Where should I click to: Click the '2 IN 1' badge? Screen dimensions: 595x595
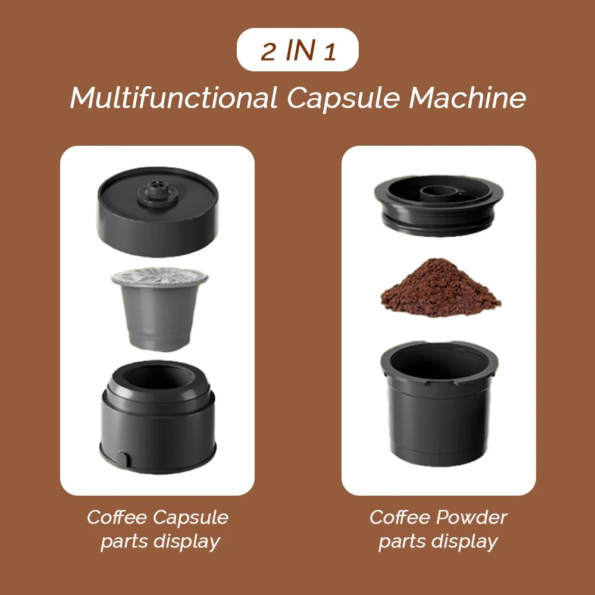pyautogui.click(x=297, y=50)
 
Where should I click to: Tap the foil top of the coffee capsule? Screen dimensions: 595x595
pyautogui.click(x=159, y=276)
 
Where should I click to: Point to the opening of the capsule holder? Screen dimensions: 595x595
pyautogui.click(x=158, y=378)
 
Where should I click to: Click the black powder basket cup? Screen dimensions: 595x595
pyautogui.click(x=439, y=416)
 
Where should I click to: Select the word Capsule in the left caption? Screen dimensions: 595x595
pyautogui.click(x=191, y=517)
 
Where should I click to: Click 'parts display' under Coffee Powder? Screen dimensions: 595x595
pyautogui.click(x=438, y=541)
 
